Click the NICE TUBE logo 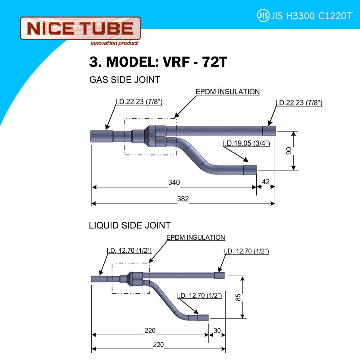[81, 28]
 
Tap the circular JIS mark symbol [263, 15]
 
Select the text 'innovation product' [114, 43]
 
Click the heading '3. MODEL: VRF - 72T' [158, 62]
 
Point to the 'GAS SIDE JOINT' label [125, 80]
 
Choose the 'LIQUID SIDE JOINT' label [130, 225]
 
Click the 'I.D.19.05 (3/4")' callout [246, 143]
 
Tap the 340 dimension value [174, 182]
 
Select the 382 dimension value [183, 199]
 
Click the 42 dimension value [266, 182]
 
